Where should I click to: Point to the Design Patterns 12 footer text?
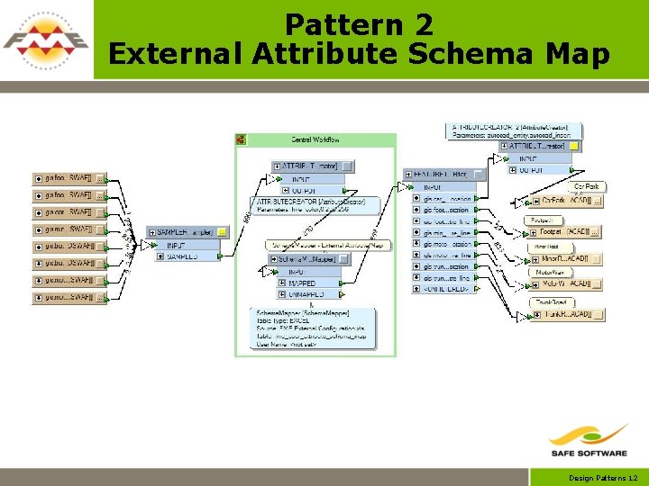click(603, 478)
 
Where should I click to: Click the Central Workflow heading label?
click(315, 139)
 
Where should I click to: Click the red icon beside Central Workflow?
click(241, 139)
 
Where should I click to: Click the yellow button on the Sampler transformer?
click(222, 232)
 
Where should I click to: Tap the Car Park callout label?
click(586, 186)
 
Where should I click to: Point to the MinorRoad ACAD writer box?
click(567, 259)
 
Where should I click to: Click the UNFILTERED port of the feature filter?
click(447, 289)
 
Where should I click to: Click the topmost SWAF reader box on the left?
click(69, 178)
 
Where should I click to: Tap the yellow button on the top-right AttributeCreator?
click(574, 146)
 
